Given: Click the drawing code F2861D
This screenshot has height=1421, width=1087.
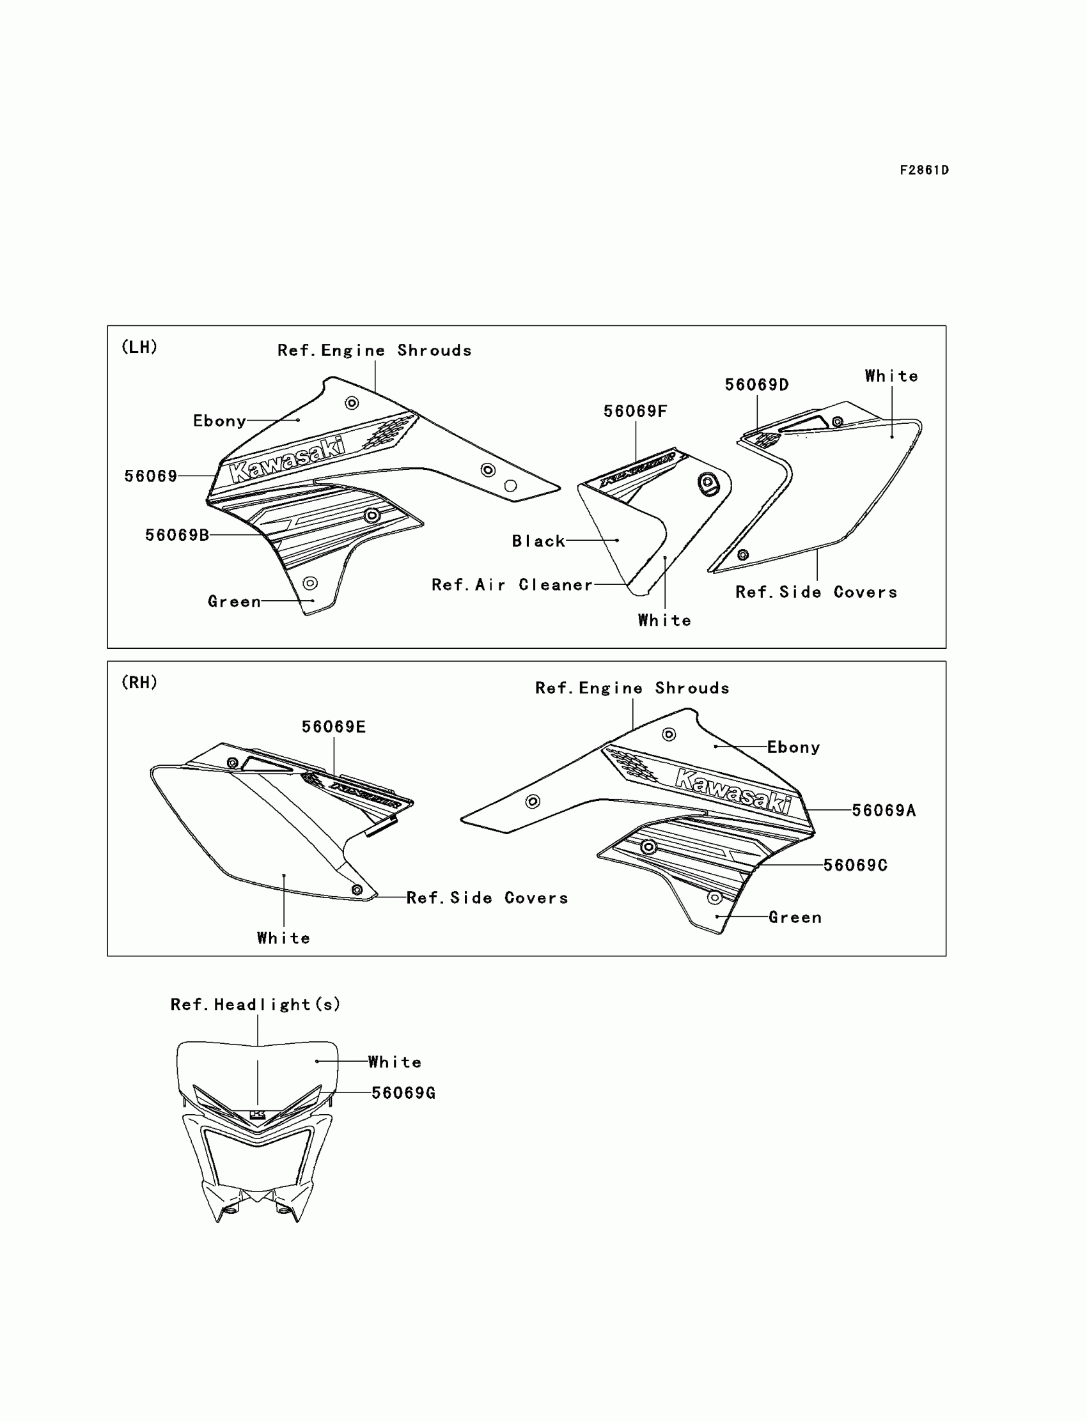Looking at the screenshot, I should [924, 170].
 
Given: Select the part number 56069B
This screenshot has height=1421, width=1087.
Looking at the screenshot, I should [176, 535].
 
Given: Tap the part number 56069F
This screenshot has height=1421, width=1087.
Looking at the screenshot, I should [635, 412].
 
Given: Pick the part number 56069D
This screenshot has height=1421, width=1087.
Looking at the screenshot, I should [756, 385].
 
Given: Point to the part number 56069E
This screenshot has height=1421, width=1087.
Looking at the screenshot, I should [333, 727].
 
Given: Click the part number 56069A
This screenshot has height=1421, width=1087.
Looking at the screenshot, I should [883, 811].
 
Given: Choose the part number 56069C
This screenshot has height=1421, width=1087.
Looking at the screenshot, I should [855, 866].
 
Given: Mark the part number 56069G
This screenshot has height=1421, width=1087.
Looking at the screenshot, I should [403, 1093].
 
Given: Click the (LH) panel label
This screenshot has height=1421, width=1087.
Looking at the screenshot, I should [140, 346].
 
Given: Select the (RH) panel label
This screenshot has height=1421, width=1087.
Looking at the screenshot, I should [140, 682].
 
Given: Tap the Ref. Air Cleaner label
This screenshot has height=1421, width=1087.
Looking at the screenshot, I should [512, 585].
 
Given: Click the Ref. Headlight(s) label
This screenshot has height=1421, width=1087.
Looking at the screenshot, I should [255, 1004].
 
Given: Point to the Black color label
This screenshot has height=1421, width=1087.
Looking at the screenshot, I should [538, 541].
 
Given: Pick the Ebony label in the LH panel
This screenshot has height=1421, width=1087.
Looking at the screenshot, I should [219, 421].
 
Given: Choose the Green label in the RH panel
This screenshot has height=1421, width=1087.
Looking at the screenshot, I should [795, 917].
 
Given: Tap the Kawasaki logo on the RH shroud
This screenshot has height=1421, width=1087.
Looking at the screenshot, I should [733, 790].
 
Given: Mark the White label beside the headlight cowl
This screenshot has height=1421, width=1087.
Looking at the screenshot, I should [395, 1062].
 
